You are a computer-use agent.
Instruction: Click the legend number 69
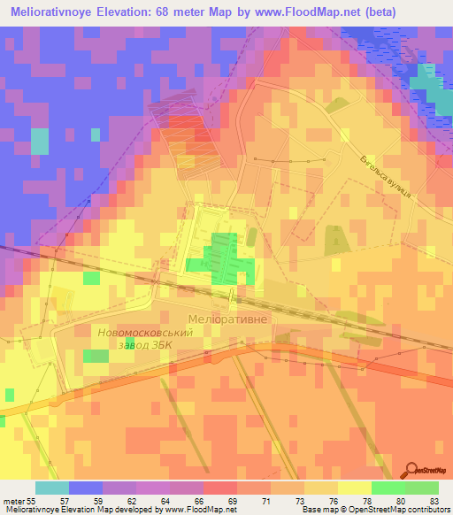point(233,500)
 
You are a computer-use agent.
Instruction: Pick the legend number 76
point(333,500)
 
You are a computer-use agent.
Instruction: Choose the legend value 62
point(134,500)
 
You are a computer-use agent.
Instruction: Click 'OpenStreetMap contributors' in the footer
point(397,510)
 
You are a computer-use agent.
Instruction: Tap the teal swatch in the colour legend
point(52,488)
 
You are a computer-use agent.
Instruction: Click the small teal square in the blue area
point(40,141)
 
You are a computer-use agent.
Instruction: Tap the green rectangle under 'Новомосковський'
point(95,356)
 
